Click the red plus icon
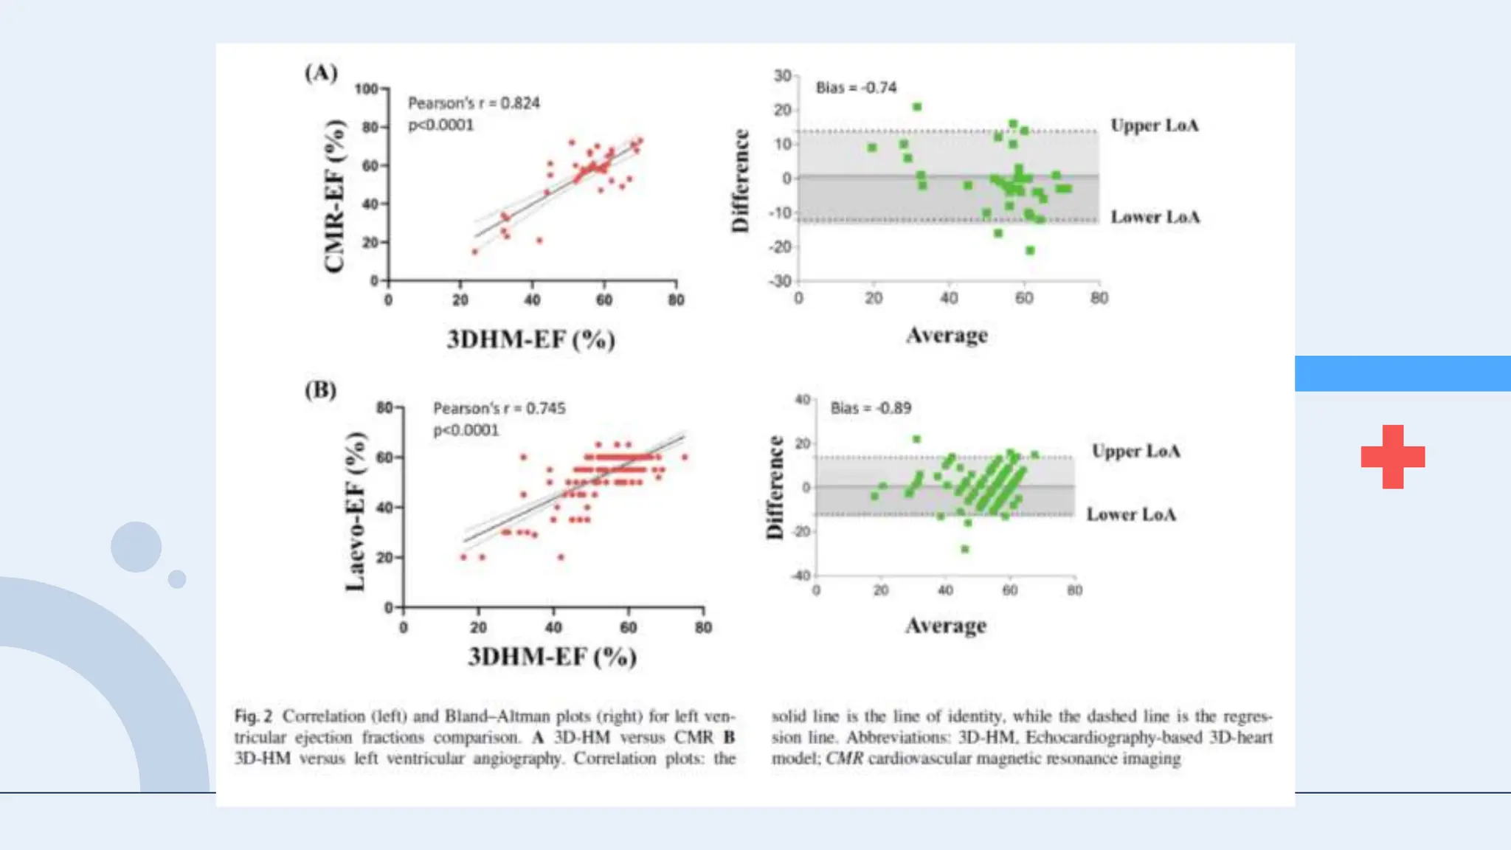(x=1392, y=457)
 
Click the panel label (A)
(x=321, y=72)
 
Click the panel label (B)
(x=320, y=390)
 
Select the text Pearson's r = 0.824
(x=474, y=103)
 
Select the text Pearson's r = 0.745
(x=499, y=408)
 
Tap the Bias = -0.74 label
(x=856, y=88)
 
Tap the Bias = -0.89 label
(x=871, y=408)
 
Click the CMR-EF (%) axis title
(x=335, y=196)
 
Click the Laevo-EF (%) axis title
(x=356, y=511)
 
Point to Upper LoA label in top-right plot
(x=1155, y=125)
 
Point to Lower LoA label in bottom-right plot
(x=1131, y=514)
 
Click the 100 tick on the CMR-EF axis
(x=366, y=89)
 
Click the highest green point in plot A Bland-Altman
(x=917, y=107)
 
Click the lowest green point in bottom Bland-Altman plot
(x=964, y=549)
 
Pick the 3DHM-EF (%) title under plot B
(x=552, y=657)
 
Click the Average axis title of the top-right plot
(x=947, y=335)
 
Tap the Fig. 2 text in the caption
(x=253, y=716)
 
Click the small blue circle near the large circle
(x=177, y=578)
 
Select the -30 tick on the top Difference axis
(x=781, y=281)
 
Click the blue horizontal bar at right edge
(x=1402, y=373)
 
